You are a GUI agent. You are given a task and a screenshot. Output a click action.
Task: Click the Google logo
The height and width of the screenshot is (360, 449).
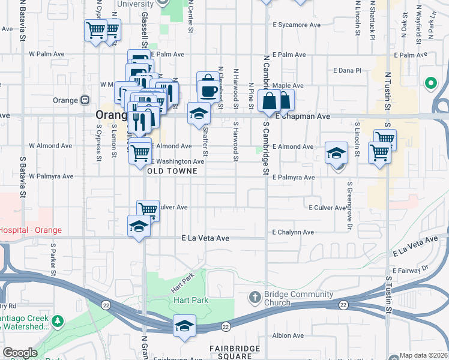[x=19, y=353]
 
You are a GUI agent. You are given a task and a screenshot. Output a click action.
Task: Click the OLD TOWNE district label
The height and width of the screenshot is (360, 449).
[x=173, y=171]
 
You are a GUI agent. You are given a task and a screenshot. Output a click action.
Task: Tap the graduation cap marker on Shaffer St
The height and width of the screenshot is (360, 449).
[x=199, y=113]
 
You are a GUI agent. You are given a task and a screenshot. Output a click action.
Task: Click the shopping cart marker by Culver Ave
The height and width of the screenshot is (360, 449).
[x=148, y=210]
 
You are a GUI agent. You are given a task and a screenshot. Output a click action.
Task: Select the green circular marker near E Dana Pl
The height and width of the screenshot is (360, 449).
[x=430, y=83]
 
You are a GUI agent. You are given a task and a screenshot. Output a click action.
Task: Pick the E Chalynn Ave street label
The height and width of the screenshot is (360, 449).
[x=293, y=232]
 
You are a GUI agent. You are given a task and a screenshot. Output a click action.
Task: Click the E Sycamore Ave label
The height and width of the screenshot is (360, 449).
[x=297, y=25]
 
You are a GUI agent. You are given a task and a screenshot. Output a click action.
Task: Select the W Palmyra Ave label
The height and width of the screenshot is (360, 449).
[x=51, y=176]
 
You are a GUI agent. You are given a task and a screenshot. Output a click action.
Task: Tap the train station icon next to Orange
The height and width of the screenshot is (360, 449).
[x=85, y=100]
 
